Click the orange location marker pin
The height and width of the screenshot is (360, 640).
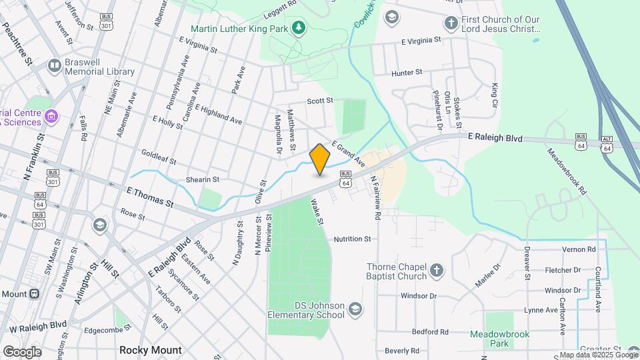[320, 159]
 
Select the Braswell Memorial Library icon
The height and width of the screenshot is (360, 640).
[54, 65]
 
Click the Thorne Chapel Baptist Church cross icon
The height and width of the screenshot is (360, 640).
[436, 270]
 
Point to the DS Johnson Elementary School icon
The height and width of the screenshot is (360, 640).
[355, 309]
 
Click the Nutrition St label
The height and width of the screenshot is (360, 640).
[352, 239]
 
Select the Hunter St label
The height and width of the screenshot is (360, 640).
[407, 72]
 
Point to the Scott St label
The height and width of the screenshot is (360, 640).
[320, 101]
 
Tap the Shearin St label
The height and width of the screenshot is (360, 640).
[203, 180]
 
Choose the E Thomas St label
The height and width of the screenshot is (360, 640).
[150, 197]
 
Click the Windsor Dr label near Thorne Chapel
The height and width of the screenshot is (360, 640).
[419, 295]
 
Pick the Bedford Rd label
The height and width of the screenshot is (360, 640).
[430, 331]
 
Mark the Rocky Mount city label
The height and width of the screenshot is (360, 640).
[150, 350]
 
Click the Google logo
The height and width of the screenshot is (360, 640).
[22, 351]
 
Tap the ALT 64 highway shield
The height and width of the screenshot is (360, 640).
[607, 143]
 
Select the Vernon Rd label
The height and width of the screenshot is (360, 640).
[579, 249]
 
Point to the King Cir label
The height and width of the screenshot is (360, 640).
[495, 96]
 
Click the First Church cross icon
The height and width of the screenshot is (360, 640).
[451, 23]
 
